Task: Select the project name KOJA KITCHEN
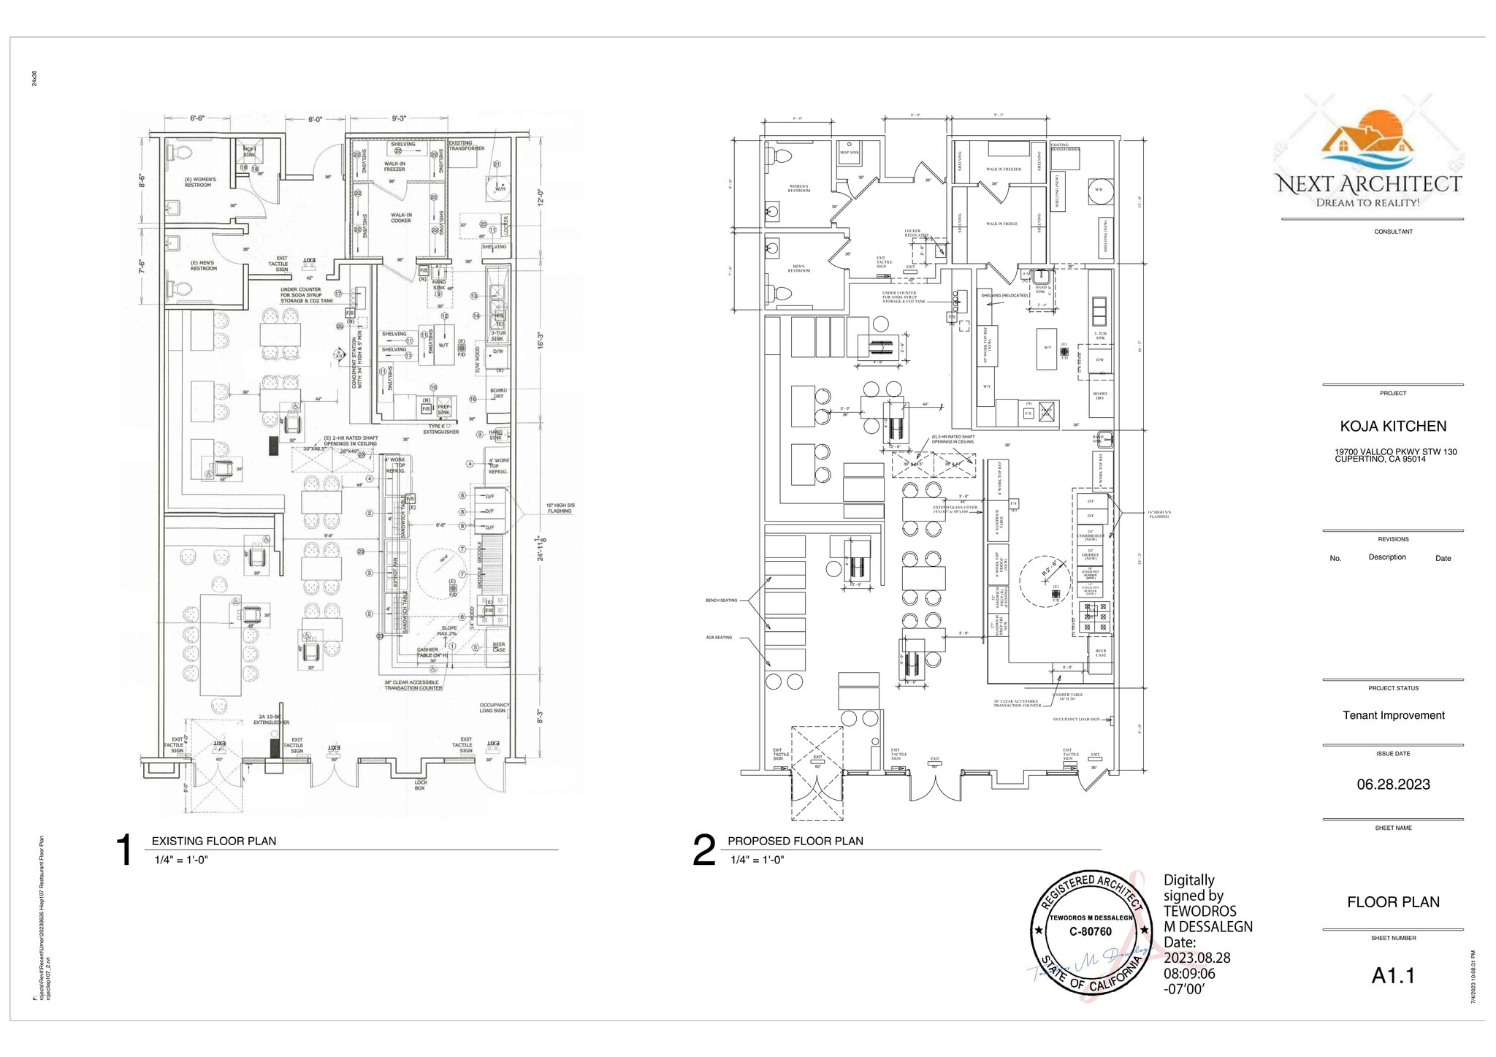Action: point(1392,426)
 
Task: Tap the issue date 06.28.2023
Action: point(1393,785)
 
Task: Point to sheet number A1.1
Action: point(1392,976)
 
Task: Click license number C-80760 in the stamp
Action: point(1090,931)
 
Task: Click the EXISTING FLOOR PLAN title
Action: point(213,841)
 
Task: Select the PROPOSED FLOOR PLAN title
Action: point(795,841)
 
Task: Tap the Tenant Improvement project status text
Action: point(1393,715)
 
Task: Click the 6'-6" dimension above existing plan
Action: point(202,118)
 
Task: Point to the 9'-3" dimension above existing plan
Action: point(398,118)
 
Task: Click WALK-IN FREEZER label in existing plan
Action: point(394,167)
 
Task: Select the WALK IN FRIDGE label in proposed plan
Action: point(1001,224)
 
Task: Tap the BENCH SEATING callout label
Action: point(721,600)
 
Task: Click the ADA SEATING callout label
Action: point(719,638)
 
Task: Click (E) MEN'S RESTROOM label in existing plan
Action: point(204,266)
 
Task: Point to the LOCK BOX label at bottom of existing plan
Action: point(420,785)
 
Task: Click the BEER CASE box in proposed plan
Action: point(1100,653)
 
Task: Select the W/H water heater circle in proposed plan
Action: point(1098,189)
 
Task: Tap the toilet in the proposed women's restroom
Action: point(780,156)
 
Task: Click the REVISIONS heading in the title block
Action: point(1392,539)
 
